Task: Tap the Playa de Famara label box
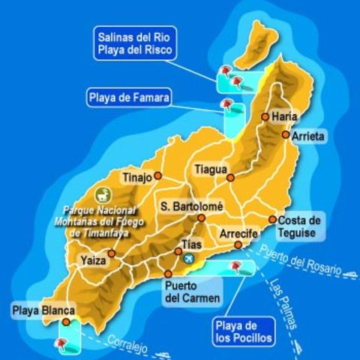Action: point(130,97)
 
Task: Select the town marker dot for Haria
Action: point(265,117)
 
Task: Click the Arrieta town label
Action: point(309,136)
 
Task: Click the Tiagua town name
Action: point(210,169)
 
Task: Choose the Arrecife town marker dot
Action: point(238,245)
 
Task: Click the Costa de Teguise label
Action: point(299,226)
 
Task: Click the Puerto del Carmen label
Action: point(193,292)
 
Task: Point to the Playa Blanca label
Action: point(44,310)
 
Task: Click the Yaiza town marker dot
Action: point(112,253)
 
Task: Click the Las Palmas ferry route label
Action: point(284,307)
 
